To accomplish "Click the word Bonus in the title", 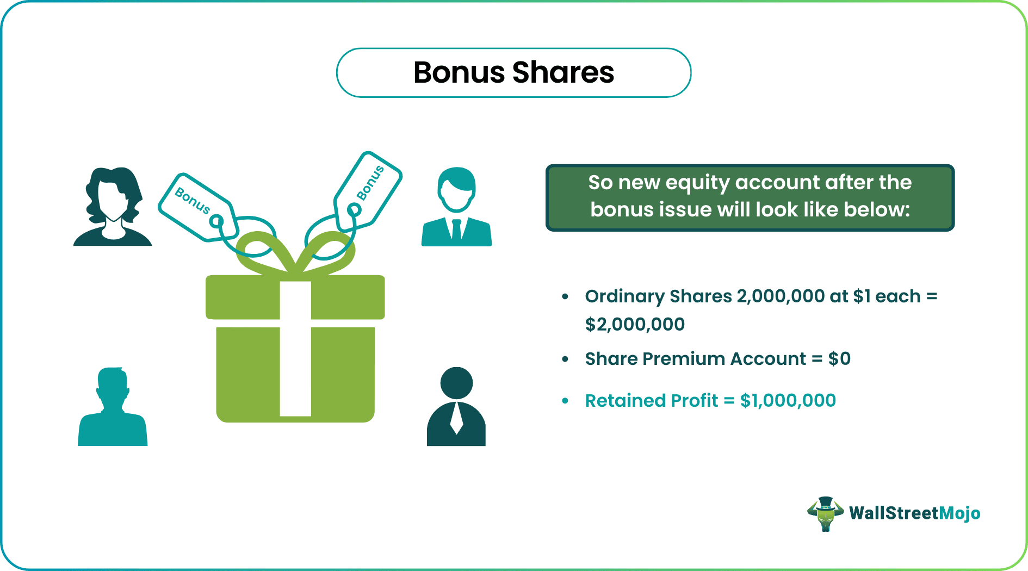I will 459,73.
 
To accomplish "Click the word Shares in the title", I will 563,73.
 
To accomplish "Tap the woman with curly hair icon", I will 113,207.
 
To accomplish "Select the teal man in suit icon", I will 457,207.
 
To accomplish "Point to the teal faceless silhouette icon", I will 113,407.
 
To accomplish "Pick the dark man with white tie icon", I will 456,407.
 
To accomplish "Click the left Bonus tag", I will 197,207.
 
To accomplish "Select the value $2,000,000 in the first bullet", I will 635,325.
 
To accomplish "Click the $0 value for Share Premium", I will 839,359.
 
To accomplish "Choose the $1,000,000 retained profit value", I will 788,401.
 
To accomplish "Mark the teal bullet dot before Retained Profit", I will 565,401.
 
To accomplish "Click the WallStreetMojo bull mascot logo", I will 825,513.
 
